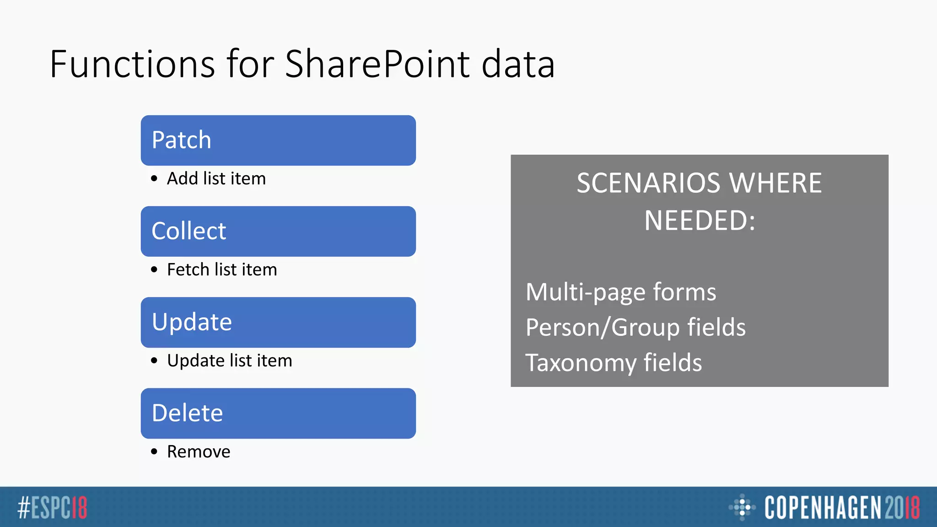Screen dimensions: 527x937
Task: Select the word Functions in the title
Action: click(132, 64)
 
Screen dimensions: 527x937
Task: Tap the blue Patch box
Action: click(278, 140)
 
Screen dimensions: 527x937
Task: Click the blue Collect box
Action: click(278, 231)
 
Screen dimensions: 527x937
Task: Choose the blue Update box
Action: click(278, 323)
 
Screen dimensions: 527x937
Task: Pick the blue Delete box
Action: click(278, 414)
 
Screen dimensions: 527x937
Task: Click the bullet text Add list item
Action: click(216, 178)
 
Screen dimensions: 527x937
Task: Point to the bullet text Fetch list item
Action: click(222, 269)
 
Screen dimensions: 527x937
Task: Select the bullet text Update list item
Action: click(229, 360)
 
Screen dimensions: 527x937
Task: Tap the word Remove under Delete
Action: click(199, 452)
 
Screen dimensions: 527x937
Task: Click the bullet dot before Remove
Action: click(154, 452)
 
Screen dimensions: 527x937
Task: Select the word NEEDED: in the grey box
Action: click(700, 221)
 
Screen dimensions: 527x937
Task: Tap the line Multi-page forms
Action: click(621, 292)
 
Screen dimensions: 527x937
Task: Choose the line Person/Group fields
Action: click(635, 328)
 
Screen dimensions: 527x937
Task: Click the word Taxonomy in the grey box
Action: click(581, 363)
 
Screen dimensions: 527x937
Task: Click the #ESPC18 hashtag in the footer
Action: click(52, 507)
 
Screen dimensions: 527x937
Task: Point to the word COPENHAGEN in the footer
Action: click(822, 507)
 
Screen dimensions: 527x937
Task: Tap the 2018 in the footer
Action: click(902, 507)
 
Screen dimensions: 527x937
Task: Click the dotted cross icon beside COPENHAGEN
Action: click(742, 507)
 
